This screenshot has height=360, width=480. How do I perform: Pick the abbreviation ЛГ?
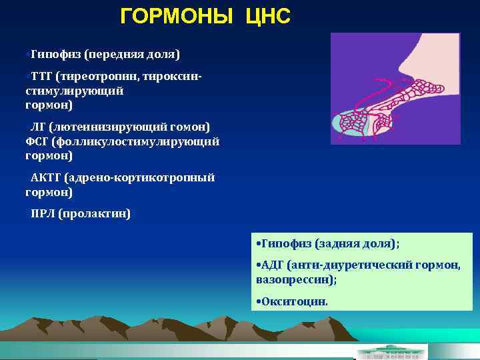pyautogui.click(x=35, y=127)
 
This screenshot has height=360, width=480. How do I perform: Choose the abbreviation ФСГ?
pyautogui.click(x=37, y=141)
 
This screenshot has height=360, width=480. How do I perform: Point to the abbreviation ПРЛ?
pyautogui.click(x=42, y=214)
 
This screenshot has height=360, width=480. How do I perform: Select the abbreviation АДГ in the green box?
pyautogui.click(x=273, y=265)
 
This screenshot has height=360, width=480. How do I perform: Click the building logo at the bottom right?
pyautogui.click(x=392, y=351)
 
